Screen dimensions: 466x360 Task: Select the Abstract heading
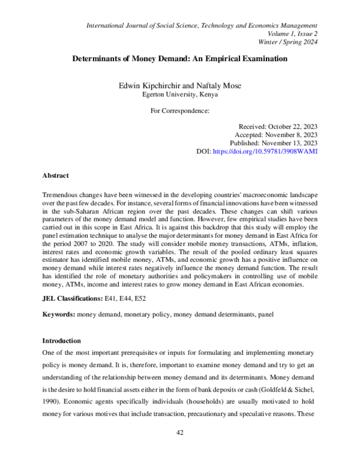(55, 175)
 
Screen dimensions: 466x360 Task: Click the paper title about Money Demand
(180, 59)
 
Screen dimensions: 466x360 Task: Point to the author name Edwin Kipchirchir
(149, 86)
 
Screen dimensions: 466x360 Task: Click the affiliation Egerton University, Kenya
(180, 94)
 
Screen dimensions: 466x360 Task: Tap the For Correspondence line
(179, 110)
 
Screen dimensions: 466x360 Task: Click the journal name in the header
(202, 25)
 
